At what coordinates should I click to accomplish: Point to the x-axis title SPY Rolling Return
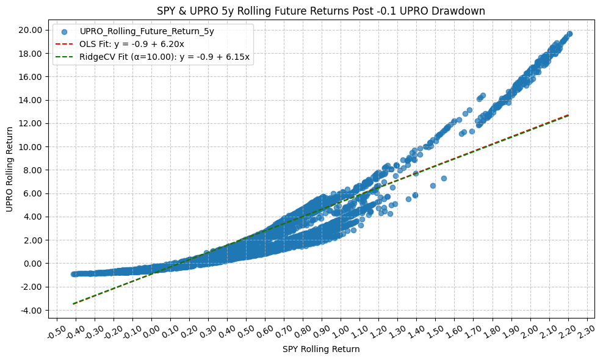(x=320, y=350)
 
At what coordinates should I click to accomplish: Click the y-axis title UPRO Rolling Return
(x=9, y=170)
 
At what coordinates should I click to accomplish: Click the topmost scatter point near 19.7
(x=569, y=34)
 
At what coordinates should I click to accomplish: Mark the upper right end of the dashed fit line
(x=569, y=115)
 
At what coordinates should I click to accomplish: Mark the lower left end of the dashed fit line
(x=74, y=303)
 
